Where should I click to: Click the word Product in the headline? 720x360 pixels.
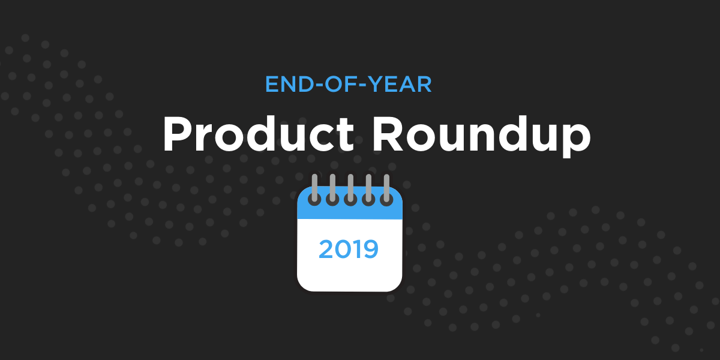pyautogui.click(x=259, y=134)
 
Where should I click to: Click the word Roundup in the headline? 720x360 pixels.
pyautogui.click(x=481, y=136)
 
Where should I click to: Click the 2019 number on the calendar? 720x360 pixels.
pyautogui.click(x=349, y=249)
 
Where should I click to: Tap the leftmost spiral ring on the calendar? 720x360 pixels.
pyautogui.click(x=314, y=190)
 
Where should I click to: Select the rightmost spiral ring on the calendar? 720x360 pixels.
pyautogui.click(x=386, y=190)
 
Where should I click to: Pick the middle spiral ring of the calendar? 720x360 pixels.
pyautogui.click(x=350, y=190)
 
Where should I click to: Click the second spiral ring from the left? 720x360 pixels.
pyautogui.click(x=332, y=190)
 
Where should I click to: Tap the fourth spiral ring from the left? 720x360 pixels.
pyautogui.click(x=368, y=190)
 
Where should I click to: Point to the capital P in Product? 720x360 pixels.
pyautogui.click(x=178, y=134)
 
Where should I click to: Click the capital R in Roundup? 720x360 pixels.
pyautogui.click(x=388, y=134)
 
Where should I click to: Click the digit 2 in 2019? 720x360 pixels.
pyautogui.click(x=326, y=249)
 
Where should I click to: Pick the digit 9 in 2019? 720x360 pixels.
pyautogui.click(x=371, y=249)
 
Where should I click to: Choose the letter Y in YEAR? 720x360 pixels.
pyautogui.click(x=375, y=85)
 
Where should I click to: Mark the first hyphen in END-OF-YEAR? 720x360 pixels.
pyautogui.click(x=318, y=86)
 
